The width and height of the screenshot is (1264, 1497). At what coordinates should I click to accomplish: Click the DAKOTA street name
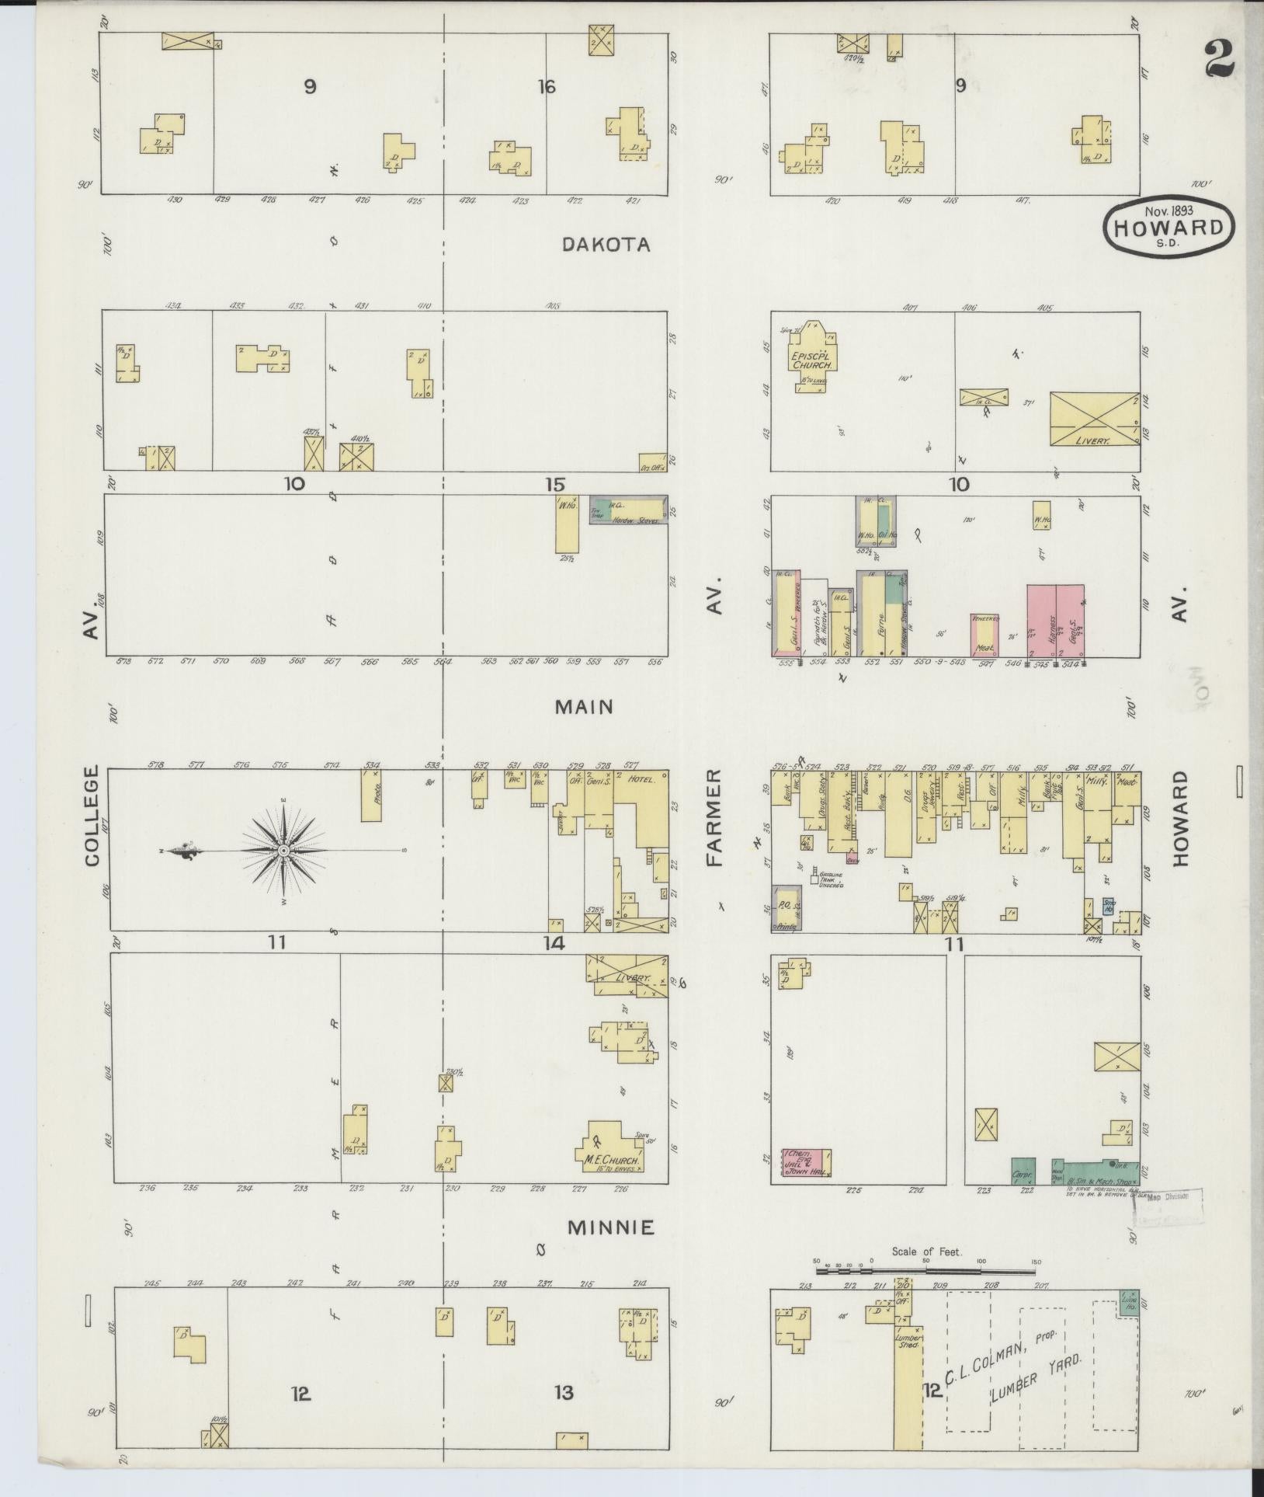(605, 245)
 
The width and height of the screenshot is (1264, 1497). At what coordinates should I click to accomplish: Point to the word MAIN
(585, 707)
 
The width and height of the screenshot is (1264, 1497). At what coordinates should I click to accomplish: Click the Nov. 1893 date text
(1169, 209)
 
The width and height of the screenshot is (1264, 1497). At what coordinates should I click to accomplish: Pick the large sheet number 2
(1220, 59)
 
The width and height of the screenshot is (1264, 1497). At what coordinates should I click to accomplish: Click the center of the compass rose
(284, 851)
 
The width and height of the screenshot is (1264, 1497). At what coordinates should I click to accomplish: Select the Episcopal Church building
(813, 353)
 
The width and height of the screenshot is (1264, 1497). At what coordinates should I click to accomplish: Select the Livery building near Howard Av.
(1093, 420)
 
